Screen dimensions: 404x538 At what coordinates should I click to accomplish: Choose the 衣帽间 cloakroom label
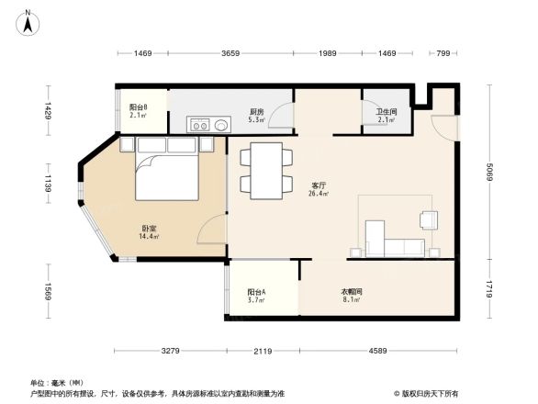coord(352,291)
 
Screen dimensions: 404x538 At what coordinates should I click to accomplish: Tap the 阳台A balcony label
coord(257,291)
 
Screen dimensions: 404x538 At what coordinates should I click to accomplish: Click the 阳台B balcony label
coord(139,107)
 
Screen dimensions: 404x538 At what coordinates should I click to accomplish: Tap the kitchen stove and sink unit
coord(209,123)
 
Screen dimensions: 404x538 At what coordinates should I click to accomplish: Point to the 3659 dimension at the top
coord(231,55)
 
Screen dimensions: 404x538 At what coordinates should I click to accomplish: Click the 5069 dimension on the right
coord(490,172)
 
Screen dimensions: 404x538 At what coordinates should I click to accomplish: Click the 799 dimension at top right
coord(444,55)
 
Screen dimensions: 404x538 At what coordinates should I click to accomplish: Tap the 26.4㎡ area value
coord(319,194)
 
